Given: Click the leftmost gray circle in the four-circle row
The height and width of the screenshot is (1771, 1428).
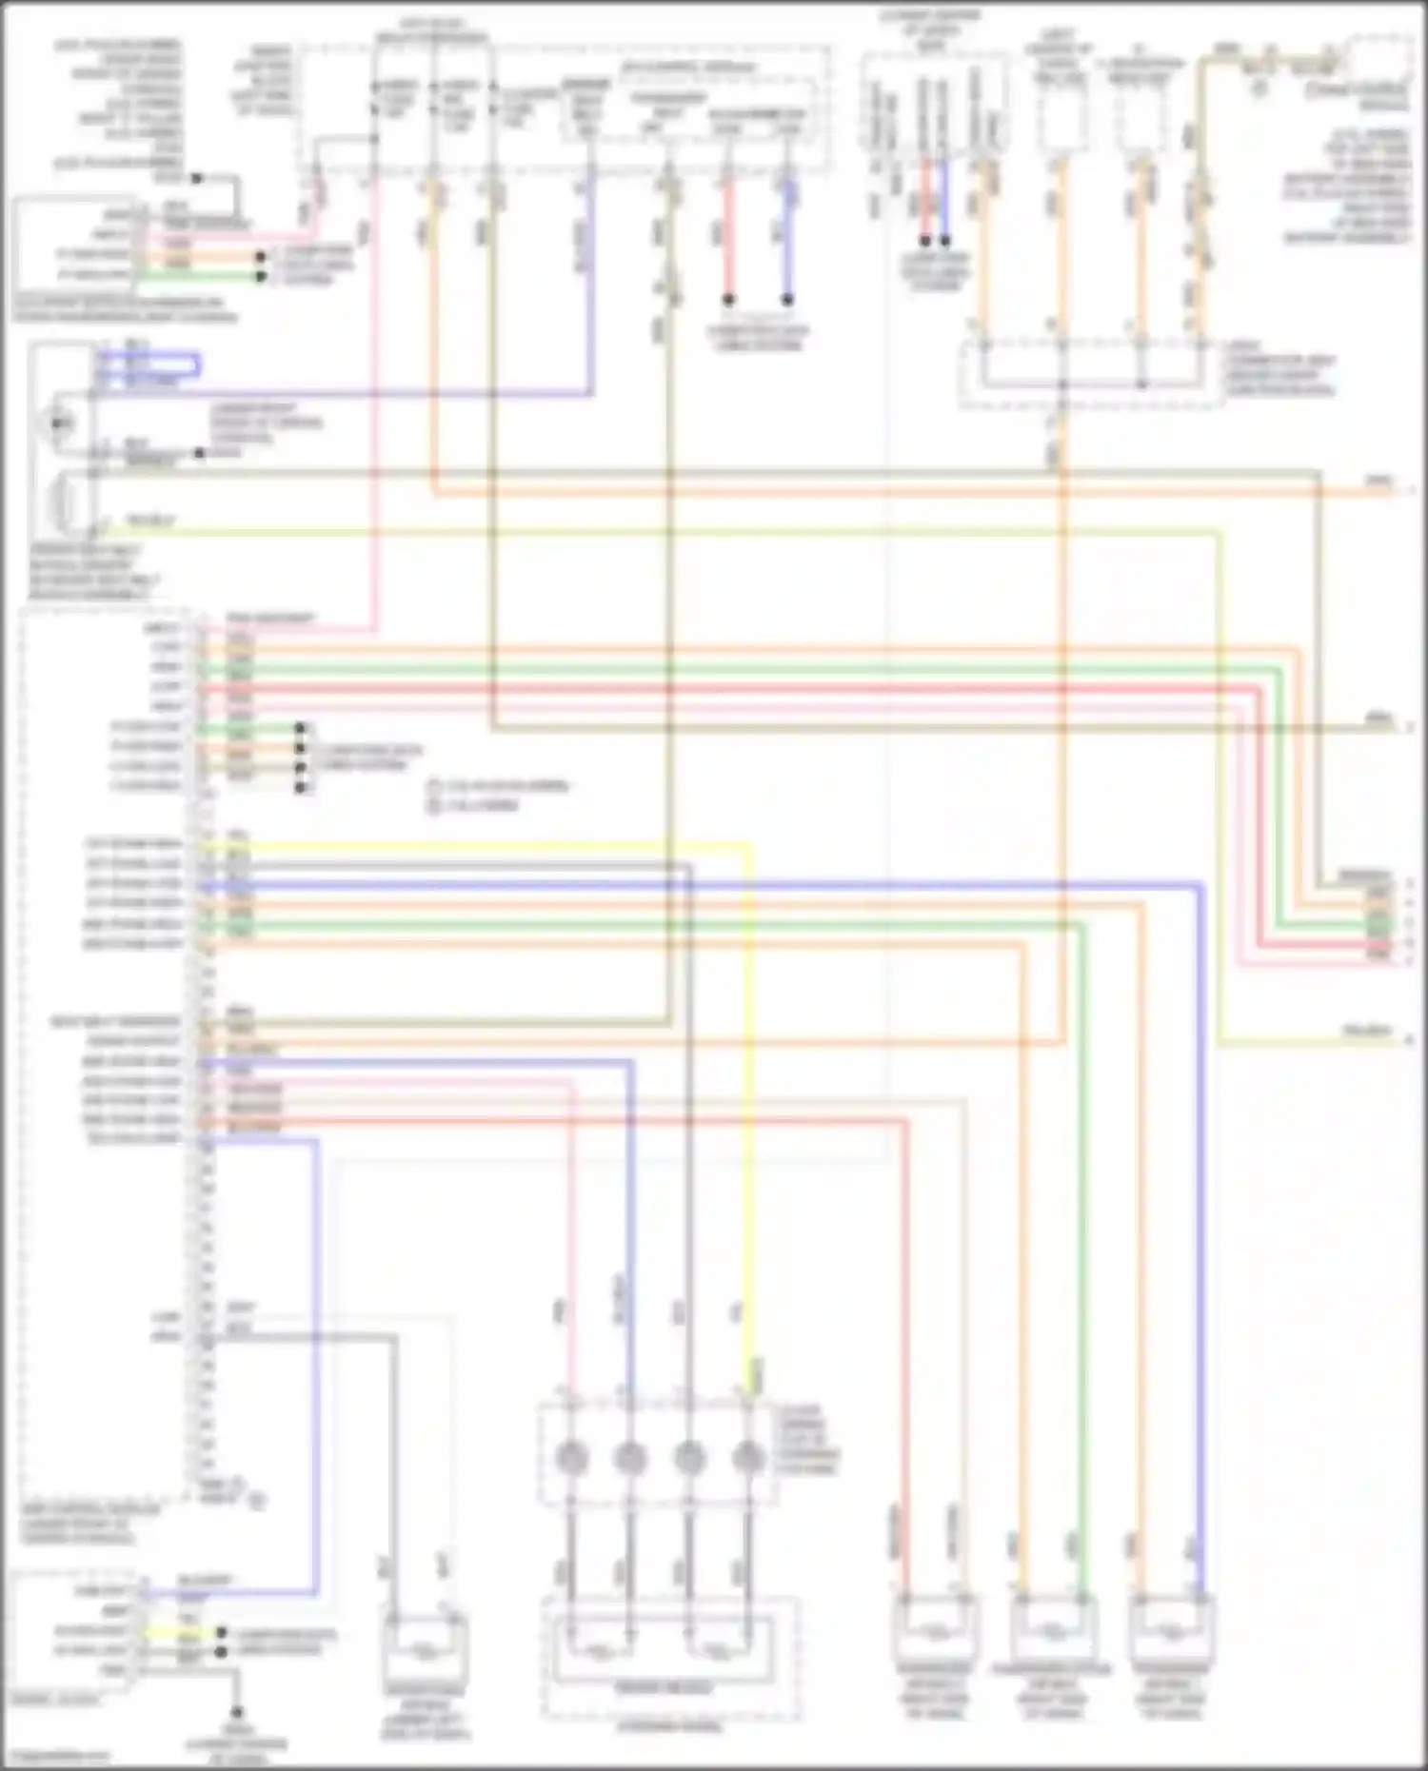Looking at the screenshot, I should [570, 1457].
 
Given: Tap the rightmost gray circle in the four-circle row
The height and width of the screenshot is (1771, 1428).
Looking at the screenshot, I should [748, 1457].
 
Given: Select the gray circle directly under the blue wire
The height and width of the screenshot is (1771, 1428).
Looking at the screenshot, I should [629, 1457].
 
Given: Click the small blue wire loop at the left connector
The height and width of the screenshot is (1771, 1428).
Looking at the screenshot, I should [152, 364].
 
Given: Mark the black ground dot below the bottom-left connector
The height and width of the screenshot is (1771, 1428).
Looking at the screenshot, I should [237, 1713].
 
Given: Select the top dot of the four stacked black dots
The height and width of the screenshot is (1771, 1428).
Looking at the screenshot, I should [300, 728].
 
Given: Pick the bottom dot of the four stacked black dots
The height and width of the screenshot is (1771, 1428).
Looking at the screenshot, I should [300, 787].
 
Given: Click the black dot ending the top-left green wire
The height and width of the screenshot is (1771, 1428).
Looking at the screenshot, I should [260, 276].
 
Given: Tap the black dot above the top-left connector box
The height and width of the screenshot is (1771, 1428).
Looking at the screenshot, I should [197, 178].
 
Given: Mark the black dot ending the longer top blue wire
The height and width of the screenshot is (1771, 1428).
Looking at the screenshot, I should [787, 299].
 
